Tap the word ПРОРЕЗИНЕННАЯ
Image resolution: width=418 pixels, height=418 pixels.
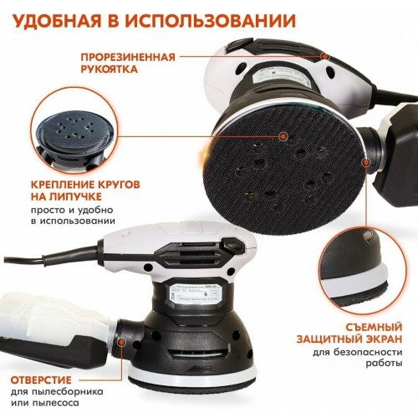pyautogui.click(x=128, y=57)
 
